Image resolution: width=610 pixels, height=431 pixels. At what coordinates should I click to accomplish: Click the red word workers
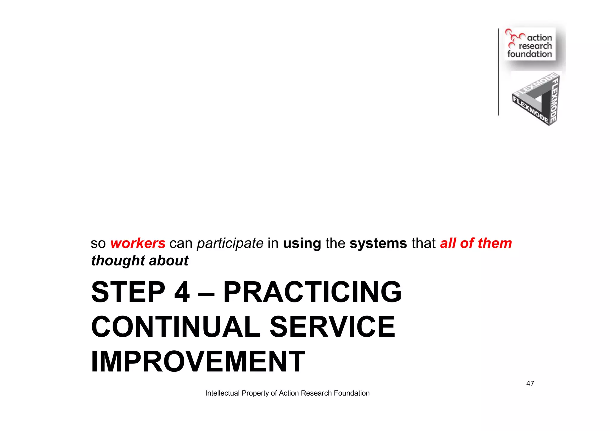coord(138,243)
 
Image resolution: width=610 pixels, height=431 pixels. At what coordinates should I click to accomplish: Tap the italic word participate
coord(230,243)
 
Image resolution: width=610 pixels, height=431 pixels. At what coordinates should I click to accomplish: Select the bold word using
coord(302,243)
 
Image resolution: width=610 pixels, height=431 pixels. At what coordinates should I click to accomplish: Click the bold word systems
coord(378,243)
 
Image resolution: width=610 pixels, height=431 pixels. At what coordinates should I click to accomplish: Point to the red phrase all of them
coord(476,243)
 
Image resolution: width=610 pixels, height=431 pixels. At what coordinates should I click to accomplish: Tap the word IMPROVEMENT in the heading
coord(198,362)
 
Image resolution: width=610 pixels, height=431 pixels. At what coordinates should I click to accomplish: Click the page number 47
coord(530,383)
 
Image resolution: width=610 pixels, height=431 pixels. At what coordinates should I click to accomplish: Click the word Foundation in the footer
coord(351,393)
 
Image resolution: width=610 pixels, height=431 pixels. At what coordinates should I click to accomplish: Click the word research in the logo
coord(535,46)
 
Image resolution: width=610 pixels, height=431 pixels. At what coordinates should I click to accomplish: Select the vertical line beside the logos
coord(498,71)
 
